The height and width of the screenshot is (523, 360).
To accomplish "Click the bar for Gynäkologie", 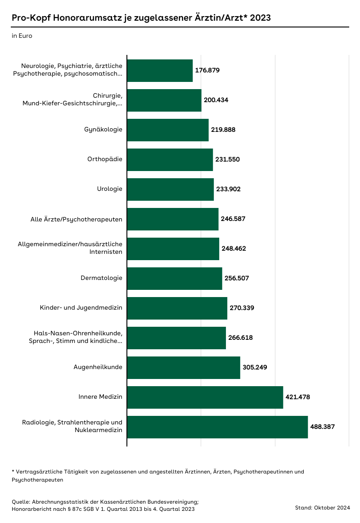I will pos(168,130).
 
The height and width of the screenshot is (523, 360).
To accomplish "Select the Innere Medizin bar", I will pos(205,397).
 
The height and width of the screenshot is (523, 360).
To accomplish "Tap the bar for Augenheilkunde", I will pos(184,367).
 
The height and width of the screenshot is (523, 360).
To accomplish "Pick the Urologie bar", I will pos(170,189).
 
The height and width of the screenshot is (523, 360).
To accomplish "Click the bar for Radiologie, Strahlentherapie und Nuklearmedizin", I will pos(217,427).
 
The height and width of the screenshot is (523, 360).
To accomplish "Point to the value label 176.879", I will pos(207,70).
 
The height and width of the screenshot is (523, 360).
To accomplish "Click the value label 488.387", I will pos(323,427).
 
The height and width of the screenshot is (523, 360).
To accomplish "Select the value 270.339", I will pos(242,308).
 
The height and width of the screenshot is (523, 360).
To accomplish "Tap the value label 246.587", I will pos(233,219).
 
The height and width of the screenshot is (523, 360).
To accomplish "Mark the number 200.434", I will pos(216,100).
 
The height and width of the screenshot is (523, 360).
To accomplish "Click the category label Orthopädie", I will pos(105,159).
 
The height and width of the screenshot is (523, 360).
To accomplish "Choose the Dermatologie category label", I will pos(101,278).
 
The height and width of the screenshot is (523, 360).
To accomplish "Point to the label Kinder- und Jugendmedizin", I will pos(81,308).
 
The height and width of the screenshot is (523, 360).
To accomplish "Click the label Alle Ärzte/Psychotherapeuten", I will pos(76,219).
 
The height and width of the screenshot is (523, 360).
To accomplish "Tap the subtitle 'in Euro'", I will pos(22,36).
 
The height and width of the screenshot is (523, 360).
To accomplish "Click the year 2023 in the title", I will pos(260,18).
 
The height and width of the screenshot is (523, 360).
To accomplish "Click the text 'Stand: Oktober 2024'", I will pos(322,508).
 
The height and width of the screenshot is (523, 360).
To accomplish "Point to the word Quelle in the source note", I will pos(20,501).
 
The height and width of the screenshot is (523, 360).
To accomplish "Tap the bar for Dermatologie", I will pos(175,278).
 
